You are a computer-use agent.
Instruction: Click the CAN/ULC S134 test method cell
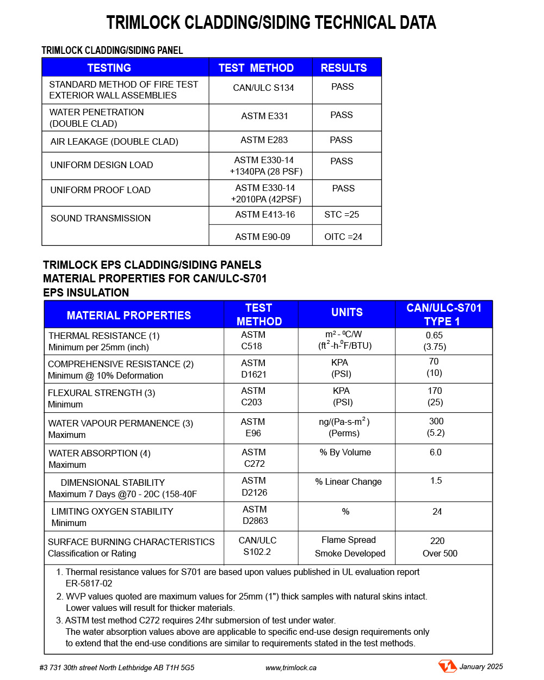click(x=263, y=88)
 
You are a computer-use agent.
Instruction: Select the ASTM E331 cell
click(x=264, y=116)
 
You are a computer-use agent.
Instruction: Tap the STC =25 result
click(x=342, y=214)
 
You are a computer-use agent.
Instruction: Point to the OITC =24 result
click(x=343, y=237)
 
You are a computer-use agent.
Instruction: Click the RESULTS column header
click(x=344, y=68)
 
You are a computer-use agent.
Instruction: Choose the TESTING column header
click(x=109, y=68)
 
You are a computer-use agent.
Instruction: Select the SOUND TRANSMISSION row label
click(x=101, y=218)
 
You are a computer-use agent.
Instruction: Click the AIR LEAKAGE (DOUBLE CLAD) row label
click(x=114, y=141)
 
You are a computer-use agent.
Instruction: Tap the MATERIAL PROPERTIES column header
click(x=129, y=316)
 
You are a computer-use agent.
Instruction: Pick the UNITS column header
click(x=347, y=312)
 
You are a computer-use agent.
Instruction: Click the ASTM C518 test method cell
click(x=252, y=341)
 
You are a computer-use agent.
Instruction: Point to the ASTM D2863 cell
click(x=255, y=515)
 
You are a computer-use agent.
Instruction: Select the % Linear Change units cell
click(x=348, y=481)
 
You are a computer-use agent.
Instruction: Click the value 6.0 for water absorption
click(x=436, y=452)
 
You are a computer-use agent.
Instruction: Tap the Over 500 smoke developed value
click(x=440, y=553)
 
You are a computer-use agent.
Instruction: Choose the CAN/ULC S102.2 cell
click(x=257, y=546)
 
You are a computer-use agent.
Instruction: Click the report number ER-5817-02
click(x=89, y=583)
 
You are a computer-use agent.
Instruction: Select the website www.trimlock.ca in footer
click(x=291, y=667)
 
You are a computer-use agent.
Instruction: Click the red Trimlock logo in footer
click(x=447, y=666)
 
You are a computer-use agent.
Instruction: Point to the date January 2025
click(x=481, y=666)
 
